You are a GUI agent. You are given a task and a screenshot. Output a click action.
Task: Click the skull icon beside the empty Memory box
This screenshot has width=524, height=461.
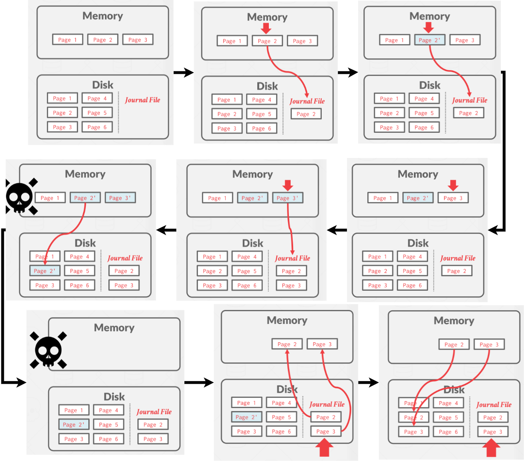pos(48,350)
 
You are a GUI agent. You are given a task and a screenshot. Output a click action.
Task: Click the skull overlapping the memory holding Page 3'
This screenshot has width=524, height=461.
pos(20,196)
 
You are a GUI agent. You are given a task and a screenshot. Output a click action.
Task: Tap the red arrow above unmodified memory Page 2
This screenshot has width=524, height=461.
pos(266,29)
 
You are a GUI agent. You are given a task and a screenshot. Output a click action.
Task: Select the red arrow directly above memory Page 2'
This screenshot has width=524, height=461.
pos(428,28)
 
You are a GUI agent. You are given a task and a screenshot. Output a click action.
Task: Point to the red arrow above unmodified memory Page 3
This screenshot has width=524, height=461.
pos(453,185)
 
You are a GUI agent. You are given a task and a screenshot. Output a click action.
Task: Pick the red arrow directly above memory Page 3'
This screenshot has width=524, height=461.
pos(288,185)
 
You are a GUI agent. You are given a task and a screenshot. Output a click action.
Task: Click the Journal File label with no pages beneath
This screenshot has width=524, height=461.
pos(143,100)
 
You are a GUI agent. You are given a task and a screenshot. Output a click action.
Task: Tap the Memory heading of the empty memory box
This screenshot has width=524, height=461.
pos(114,328)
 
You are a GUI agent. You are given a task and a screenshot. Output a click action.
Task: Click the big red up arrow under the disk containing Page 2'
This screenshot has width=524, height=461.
pos(325,448)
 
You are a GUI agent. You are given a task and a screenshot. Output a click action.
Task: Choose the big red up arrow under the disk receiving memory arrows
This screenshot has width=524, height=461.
pos(492,449)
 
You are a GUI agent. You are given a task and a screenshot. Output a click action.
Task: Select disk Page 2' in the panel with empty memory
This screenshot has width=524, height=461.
pos(73,425)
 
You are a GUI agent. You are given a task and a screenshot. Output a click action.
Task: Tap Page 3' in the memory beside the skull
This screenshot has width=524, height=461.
pos(120,198)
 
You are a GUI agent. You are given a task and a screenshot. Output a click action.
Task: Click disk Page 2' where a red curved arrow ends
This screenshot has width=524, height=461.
pos(45,271)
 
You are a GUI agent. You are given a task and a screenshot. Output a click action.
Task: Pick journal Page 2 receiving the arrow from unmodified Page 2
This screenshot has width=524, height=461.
pos(306,114)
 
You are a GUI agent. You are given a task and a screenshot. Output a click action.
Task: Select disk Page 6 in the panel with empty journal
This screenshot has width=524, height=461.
pos(97,127)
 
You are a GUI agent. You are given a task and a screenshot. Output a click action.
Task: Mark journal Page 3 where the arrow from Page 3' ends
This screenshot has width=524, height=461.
pos(291,286)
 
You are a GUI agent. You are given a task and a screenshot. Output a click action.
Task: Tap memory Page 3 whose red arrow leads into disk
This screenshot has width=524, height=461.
pos(489,344)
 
